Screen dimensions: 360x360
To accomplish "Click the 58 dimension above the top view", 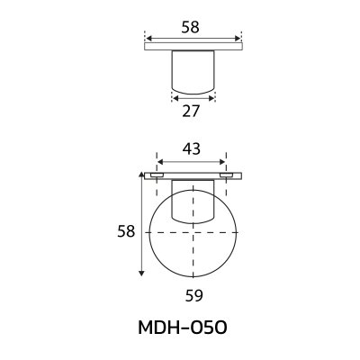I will [x=189, y=28].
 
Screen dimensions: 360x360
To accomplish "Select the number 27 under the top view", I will [x=192, y=112].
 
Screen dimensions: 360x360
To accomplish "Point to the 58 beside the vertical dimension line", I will [x=125, y=231].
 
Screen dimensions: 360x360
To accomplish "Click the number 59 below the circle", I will [x=193, y=294].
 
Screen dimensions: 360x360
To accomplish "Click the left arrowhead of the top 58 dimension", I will [x=147, y=40].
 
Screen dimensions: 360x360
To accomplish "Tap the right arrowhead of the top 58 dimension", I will [x=239, y=40].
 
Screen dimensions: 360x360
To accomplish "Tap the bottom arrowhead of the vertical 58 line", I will [x=140, y=274].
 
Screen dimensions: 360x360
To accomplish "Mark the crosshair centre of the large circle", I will [x=193, y=232].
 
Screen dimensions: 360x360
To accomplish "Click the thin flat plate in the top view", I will [x=193, y=49].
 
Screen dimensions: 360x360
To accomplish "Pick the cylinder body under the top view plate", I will [x=193, y=72].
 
